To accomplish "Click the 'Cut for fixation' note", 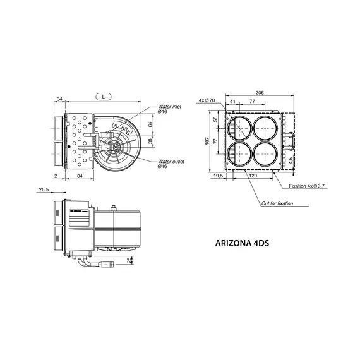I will pyautogui.click(x=278, y=203).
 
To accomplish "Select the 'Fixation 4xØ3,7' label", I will pyautogui.click(x=310, y=186).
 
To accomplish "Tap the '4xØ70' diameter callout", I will pyautogui.click(x=207, y=100).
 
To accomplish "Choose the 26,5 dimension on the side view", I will pyautogui.click(x=44, y=190).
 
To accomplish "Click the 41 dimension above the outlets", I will pyautogui.click(x=233, y=100).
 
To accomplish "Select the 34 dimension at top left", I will pyautogui.click(x=59, y=99).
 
